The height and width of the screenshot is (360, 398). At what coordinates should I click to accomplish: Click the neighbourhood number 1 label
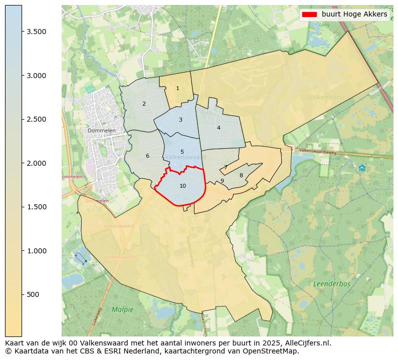177,89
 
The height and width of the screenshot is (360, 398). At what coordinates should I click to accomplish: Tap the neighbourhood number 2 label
144,104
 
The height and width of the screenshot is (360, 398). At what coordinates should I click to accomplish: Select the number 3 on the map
180,120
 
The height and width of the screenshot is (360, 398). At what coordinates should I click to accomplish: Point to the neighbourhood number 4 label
219,128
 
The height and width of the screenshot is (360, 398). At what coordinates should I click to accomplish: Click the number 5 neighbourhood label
182,152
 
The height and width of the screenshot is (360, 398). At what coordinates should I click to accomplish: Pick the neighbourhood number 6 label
147,156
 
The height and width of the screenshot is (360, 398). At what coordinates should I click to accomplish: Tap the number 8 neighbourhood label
241,176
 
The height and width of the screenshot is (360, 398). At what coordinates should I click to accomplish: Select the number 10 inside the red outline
182,186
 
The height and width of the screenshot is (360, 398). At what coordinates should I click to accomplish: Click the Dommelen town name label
101,131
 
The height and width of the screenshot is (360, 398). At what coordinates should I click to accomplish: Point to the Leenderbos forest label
332,284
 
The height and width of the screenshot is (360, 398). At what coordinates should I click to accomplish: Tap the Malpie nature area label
123,309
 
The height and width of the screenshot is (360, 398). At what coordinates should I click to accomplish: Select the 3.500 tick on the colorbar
37,32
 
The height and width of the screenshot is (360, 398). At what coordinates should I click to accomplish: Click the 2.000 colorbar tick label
37,163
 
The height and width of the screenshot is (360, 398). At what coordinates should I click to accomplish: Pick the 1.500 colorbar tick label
37,207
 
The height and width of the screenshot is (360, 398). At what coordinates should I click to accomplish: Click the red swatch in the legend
309,15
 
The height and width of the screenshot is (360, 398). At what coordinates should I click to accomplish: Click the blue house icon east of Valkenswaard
362,168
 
